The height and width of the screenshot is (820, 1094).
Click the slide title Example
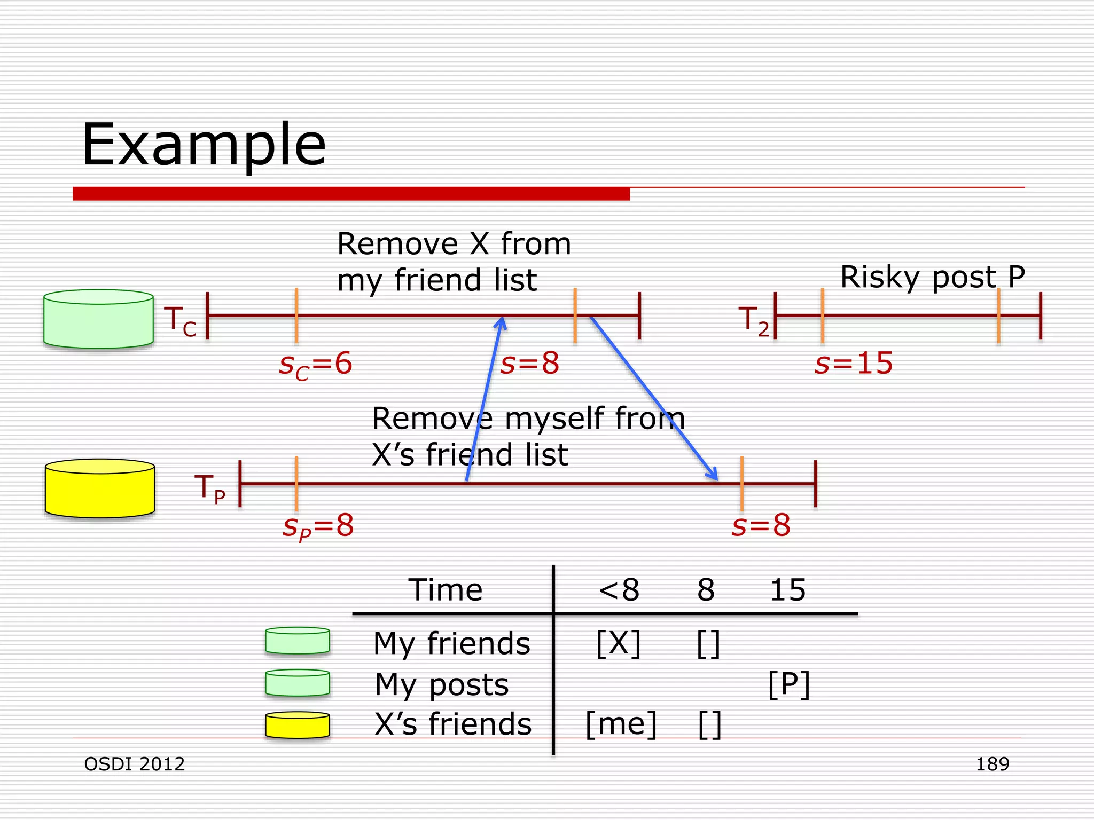[204, 145]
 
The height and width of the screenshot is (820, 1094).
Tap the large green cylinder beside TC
[98, 319]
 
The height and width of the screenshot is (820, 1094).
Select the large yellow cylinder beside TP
[100, 488]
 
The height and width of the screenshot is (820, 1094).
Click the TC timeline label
[180, 321]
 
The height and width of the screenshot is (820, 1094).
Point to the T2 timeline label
[754, 321]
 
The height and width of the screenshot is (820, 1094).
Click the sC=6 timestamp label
[316, 365]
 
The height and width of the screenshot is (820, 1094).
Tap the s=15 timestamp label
[853, 364]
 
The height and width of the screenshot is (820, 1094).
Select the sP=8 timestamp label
[318, 526]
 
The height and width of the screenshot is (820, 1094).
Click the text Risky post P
[932, 277]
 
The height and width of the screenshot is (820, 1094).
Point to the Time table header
[446, 590]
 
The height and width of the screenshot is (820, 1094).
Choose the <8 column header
[619, 590]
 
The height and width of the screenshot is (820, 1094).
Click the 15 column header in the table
[787, 590]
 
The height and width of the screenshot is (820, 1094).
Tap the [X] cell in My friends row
[619, 643]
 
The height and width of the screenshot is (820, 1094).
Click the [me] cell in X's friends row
[621, 724]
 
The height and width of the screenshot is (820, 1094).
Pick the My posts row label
[442, 684]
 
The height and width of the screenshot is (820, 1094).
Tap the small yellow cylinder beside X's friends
[298, 725]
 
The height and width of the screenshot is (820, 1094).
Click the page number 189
[993, 764]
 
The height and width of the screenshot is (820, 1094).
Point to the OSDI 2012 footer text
[135, 764]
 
